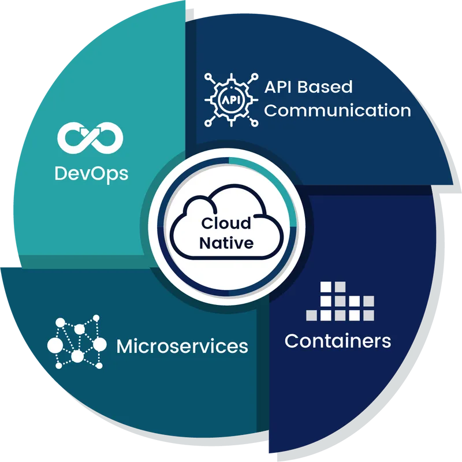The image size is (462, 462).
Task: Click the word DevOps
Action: (91, 174)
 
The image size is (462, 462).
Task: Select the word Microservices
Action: (182, 346)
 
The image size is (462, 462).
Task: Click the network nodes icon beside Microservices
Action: (77, 342)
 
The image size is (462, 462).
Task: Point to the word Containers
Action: (338, 341)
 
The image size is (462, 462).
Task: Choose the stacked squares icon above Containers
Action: (340, 301)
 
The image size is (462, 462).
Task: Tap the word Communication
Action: (337, 110)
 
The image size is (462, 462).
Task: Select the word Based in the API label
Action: (325, 87)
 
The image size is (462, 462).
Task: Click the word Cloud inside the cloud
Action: (226, 223)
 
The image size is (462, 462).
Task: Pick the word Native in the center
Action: (226, 243)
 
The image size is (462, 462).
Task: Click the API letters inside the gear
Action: (232, 100)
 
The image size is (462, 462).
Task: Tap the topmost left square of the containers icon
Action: (326, 287)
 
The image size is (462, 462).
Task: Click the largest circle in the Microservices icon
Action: (55, 345)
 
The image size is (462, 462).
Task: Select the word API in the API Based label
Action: (278, 87)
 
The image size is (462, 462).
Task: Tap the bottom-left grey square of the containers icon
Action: (311, 315)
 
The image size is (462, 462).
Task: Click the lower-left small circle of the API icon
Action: (208, 123)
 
